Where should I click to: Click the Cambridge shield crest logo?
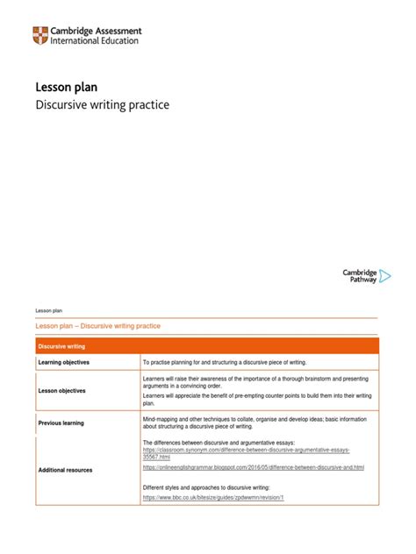coord(40,36)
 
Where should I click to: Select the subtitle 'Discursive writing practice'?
coord(101,105)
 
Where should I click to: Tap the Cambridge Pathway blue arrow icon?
coord(384,275)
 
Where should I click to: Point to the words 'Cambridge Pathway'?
coord(359,275)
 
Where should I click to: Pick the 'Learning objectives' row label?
coord(63,362)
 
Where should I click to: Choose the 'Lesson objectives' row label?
coord(61,391)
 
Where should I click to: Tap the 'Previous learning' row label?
coord(61,423)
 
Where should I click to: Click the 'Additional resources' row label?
coord(65,470)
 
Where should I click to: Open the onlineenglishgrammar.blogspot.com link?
coord(253,467)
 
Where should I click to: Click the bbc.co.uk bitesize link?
coord(213,497)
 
